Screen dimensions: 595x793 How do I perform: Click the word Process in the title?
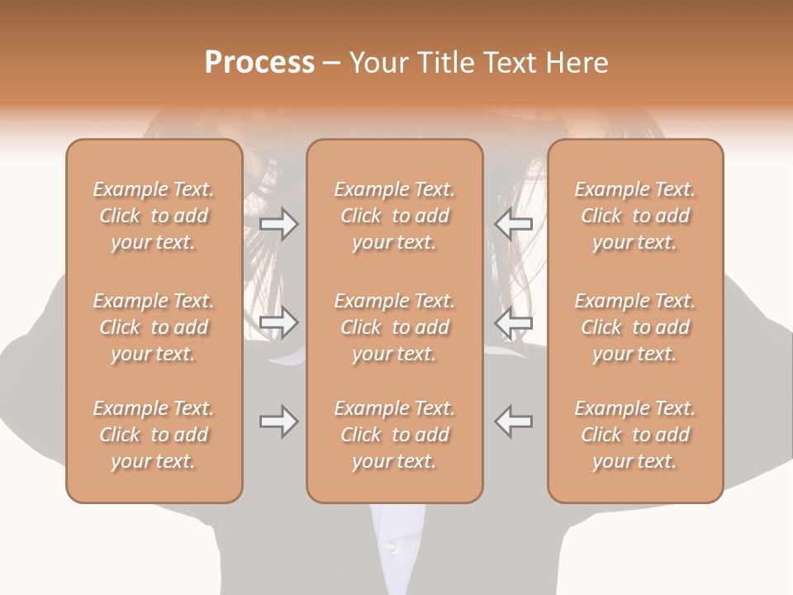click(259, 63)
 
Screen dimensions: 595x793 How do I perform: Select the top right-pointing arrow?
click(278, 224)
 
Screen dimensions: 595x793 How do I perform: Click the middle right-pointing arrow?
click(278, 322)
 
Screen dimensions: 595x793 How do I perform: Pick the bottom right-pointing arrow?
click(278, 421)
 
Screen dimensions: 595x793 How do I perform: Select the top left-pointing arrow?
click(514, 224)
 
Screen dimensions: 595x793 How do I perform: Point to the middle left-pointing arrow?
click(514, 322)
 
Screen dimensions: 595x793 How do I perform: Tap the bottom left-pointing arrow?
click(514, 421)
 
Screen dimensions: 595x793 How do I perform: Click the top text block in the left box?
click(154, 216)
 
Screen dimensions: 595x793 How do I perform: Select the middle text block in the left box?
click(154, 327)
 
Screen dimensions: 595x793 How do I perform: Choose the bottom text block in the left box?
click(154, 435)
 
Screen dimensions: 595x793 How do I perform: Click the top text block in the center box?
click(395, 216)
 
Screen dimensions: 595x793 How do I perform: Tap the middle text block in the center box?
click(395, 327)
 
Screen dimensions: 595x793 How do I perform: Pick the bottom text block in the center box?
click(395, 435)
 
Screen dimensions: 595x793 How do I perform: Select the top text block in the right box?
click(635, 216)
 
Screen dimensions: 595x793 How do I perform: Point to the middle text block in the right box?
click(635, 327)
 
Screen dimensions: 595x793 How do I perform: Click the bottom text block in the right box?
click(635, 435)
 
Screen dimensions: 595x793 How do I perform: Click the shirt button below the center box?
click(392, 547)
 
